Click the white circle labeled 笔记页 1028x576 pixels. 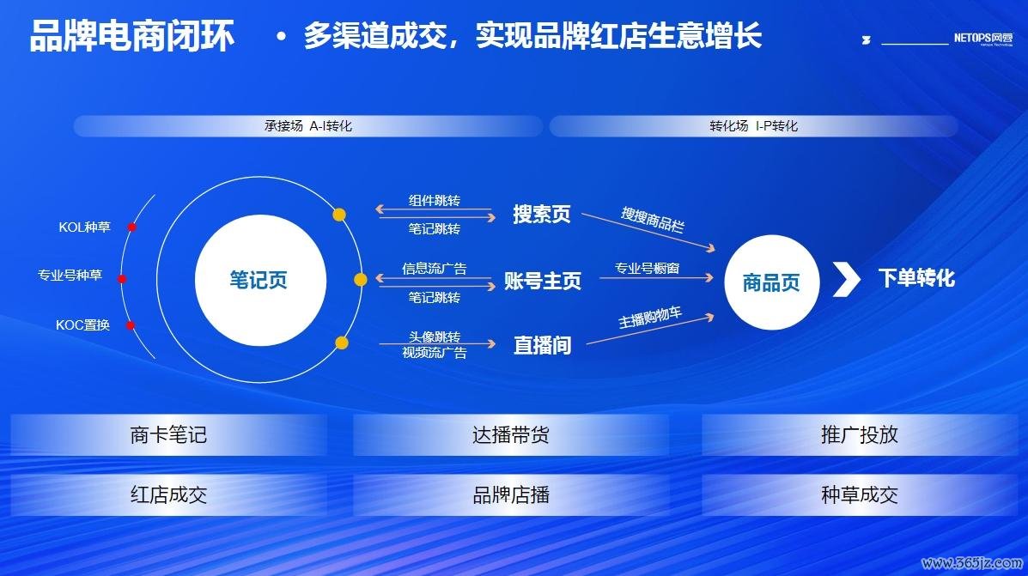tap(260, 280)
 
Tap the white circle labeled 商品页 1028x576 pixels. tap(772, 282)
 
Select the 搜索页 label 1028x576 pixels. tap(542, 215)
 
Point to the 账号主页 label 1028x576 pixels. tap(542, 281)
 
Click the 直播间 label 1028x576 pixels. tap(542, 345)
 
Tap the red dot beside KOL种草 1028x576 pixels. tap(131, 227)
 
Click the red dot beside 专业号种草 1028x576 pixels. tap(122, 279)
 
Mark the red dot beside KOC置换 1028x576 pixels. tap(131, 325)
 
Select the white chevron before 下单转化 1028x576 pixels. tap(847, 279)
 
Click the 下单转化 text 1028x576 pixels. tap(916, 278)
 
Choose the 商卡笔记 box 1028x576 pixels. tap(168, 434)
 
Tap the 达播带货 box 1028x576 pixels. tap(511, 434)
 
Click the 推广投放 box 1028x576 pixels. tap(860, 434)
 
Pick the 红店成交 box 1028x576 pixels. tap(168, 494)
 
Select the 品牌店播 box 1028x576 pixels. tap(511, 494)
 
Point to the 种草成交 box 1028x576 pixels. tap(860, 494)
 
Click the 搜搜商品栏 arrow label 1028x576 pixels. tap(653, 220)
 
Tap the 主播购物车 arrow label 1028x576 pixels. tap(650, 317)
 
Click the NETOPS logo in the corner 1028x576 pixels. tap(982, 39)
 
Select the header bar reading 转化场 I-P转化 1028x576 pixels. tap(754, 126)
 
